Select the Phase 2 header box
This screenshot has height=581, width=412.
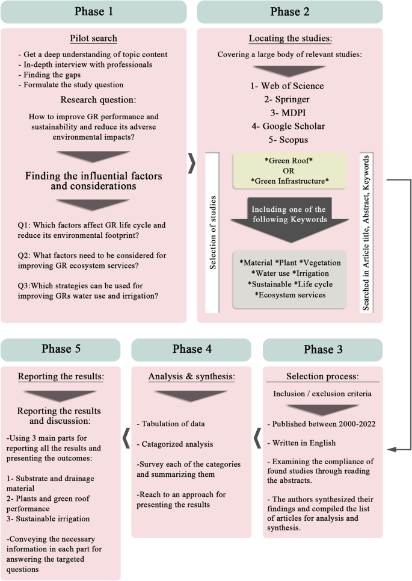pos(290,12)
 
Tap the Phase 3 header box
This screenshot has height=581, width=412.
pos(322,350)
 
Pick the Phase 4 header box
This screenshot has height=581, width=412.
pos(191,350)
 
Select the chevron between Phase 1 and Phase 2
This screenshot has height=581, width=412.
pos(191,162)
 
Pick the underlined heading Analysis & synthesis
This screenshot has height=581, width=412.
pos(191,377)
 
